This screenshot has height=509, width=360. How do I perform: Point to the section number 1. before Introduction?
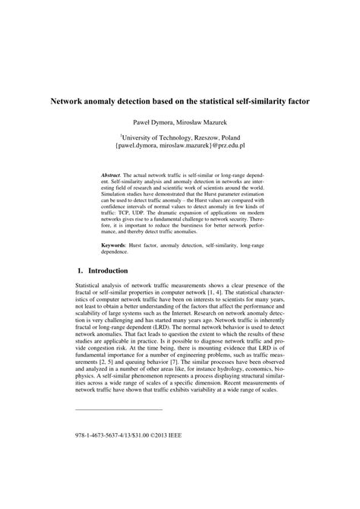tap(81, 270)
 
